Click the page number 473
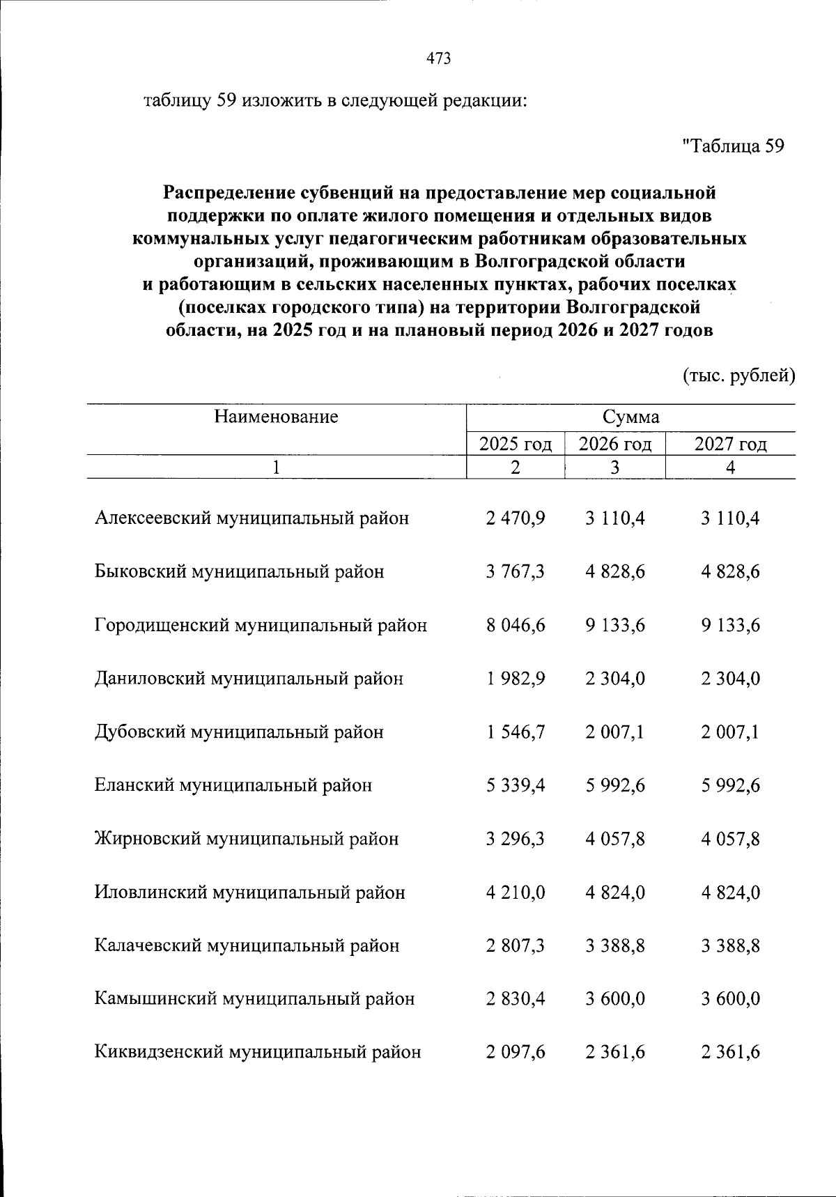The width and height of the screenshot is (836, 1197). coord(438,59)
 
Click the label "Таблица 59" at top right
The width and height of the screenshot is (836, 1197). coord(734,147)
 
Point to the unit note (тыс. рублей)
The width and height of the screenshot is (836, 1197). coord(738,376)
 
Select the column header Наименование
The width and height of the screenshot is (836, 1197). coord(276,417)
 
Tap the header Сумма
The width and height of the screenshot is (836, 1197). coord(630,417)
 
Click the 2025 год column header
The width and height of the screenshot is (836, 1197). coord(516,445)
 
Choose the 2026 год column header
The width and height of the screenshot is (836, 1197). coord(615,445)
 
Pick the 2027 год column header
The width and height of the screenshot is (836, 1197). coord(730,445)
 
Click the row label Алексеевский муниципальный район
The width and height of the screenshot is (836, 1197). coord(251,518)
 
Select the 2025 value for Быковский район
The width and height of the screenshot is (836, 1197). coord(516,572)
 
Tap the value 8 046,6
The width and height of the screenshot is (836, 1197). coord(516,626)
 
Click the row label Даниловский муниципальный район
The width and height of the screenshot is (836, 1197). coord(249,679)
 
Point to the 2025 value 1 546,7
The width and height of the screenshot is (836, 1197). coord(516,732)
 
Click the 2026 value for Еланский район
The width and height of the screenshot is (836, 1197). coord(615,786)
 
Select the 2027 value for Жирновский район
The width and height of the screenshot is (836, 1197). coord(730,839)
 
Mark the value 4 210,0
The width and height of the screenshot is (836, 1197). coord(516,893)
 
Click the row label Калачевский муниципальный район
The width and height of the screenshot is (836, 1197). coord(247,946)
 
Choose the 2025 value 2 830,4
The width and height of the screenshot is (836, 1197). coord(516,999)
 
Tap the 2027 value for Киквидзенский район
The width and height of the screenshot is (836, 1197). coord(730,1053)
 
